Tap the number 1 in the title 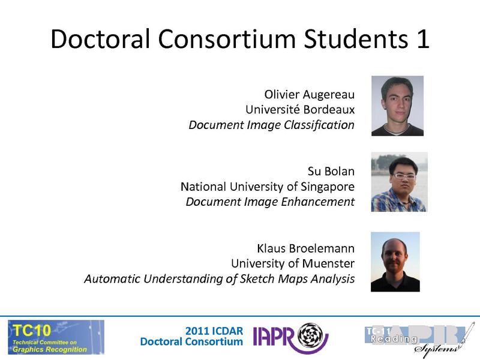point(422,39)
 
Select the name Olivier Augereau point(310,95)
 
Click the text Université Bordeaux point(300,110)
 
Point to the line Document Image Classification point(271,125)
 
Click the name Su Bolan point(331,172)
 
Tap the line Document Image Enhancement point(270,202)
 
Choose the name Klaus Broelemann point(305,248)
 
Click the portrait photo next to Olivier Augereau point(397,106)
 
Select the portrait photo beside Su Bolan point(398,182)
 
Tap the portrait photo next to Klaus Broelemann point(395,262)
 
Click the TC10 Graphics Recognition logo point(56,337)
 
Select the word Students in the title point(340,39)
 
